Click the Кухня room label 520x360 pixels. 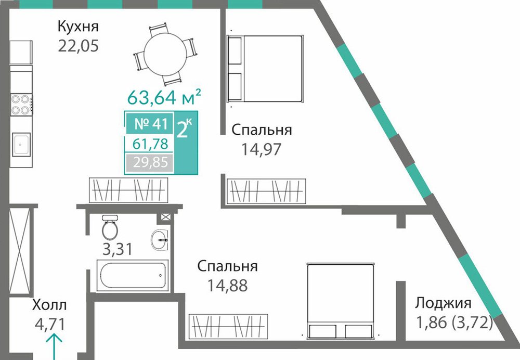[79, 26]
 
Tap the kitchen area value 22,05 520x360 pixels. [79, 46]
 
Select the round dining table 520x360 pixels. [165, 55]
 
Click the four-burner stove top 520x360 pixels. [21, 105]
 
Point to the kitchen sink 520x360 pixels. [21, 144]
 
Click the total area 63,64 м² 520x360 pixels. [164, 97]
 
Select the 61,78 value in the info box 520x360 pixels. [150, 144]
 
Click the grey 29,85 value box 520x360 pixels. [150, 163]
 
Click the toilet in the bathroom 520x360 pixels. [110, 227]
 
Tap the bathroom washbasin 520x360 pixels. [160, 239]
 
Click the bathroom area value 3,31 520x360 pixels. [118, 249]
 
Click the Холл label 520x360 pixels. [49, 304]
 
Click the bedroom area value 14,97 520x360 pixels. [261, 149]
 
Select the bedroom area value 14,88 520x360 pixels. [228, 285]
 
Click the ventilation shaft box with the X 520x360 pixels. [165, 217]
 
